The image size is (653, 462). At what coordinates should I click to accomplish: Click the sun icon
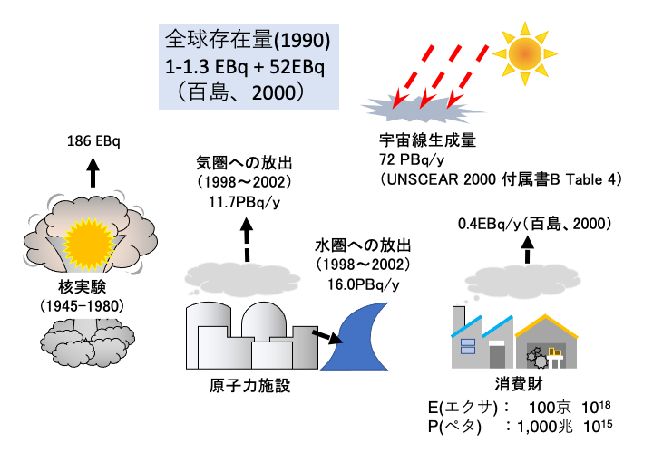pyautogui.click(x=525, y=53)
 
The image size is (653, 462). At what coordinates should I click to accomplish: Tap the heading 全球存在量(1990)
pyautogui.click(x=248, y=40)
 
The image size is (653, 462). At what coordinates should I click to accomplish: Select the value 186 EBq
pyautogui.click(x=93, y=141)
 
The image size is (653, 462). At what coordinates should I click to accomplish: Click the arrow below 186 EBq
pyautogui.click(x=93, y=172)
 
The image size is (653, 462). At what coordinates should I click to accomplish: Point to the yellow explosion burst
pyautogui.click(x=88, y=245)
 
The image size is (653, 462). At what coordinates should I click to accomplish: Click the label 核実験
pyautogui.click(x=82, y=286)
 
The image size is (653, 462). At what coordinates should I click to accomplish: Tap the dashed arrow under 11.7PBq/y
pyautogui.click(x=247, y=239)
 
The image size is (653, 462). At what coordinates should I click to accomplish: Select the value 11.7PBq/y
pyautogui.click(x=245, y=203)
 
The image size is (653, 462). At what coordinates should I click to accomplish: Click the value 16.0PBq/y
pyautogui.click(x=364, y=284)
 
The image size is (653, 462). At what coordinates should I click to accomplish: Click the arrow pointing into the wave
pyautogui.click(x=327, y=337)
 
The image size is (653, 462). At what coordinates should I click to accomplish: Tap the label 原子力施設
pyautogui.click(x=249, y=386)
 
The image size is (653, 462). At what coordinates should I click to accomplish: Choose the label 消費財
pyautogui.click(x=519, y=384)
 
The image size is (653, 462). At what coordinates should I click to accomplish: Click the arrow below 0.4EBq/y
pyautogui.click(x=528, y=250)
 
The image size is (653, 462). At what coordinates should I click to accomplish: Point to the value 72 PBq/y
pyautogui.click(x=412, y=160)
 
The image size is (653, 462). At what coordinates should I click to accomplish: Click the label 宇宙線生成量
pyautogui.click(x=427, y=140)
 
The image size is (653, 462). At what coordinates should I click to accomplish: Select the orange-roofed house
pyautogui.click(x=546, y=342)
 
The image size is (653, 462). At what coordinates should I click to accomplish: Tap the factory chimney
pyautogui.click(x=459, y=320)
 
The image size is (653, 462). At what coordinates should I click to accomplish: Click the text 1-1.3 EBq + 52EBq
pyautogui.click(x=245, y=66)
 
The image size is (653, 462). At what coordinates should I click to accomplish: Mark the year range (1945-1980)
pyautogui.click(x=82, y=306)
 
